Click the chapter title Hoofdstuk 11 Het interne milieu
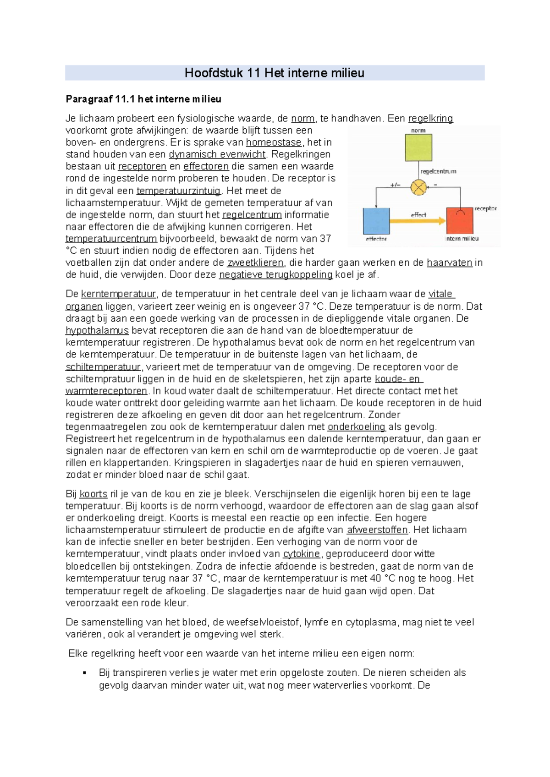[x=274, y=73]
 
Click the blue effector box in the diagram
[x=376, y=221]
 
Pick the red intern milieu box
[x=459, y=221]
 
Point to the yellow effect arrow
[x=418, y=221]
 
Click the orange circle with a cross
[x=418, y=187]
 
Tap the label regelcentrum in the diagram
[x=438, y=171]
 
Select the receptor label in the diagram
[x=485, y=208]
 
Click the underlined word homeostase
[x=274, y=142]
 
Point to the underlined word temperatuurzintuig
[x=179, y=191]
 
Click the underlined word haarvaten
[x=449, y=263]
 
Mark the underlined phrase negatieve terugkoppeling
[x=276, y=275]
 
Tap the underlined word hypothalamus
[x=97, y=331]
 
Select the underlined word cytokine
[x=301, y=554]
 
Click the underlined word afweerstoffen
[x=377, y=530]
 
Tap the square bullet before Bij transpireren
[x=84, y=673]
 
